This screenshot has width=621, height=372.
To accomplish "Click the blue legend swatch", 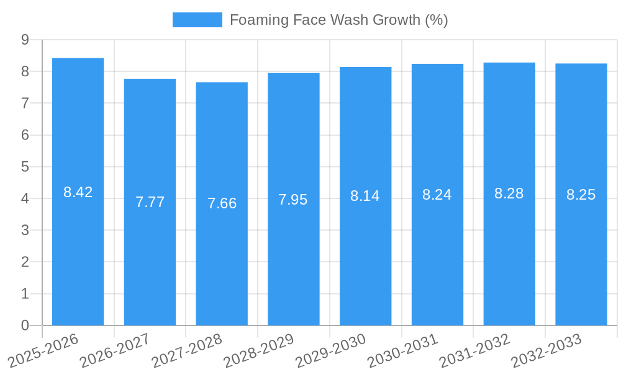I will (197, 20).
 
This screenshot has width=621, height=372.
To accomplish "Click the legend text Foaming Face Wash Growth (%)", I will (338, 20).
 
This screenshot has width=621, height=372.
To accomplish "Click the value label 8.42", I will (78, 192).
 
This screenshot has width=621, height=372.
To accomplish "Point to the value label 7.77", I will (150, 202).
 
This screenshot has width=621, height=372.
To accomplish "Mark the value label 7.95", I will (293, 200).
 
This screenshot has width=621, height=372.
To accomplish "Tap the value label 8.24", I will (437, 195).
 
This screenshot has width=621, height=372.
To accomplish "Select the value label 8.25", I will (581, 195).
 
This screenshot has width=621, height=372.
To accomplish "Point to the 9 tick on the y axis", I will (25, 40).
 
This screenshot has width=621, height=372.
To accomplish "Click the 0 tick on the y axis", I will (25, 325).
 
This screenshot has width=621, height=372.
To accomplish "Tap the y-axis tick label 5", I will (25, 167).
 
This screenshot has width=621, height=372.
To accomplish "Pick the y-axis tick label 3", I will (25, 230).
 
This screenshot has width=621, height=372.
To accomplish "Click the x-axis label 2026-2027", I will (115, 350).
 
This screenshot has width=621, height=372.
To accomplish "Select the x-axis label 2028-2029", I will (258, 350).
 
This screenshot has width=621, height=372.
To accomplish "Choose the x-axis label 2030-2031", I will (402, 350).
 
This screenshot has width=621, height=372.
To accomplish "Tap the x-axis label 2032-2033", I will (546, 350).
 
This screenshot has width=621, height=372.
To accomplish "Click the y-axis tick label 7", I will (25, 103).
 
